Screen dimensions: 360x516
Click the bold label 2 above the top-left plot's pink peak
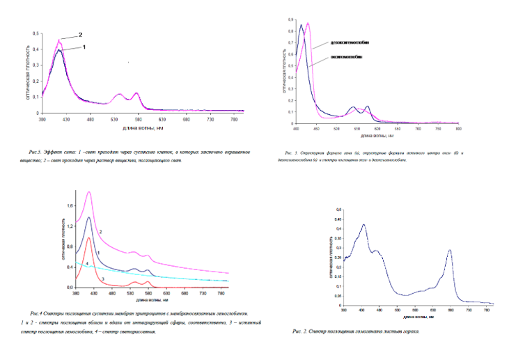(x=80, y=34)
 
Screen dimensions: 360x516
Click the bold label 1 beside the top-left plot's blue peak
(x=84, y=47)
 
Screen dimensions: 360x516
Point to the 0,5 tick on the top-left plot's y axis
(x=36, y=33)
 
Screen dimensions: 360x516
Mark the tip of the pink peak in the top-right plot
(x=308, y=24)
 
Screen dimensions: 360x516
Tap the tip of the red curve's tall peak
(x=88, y=238)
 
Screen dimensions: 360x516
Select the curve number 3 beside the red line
(x=102, y=279)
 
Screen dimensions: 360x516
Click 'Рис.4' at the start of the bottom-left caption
(x=36, y=313)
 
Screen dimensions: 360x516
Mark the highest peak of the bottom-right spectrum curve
(x=363, y=225)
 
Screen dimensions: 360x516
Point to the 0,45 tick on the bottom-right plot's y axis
(x=338, y=219)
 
